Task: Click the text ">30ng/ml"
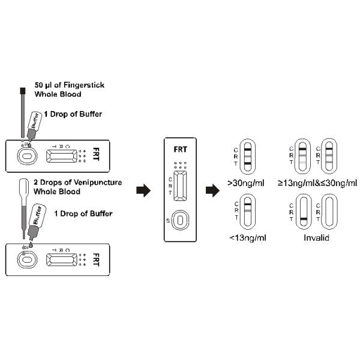pyautogui.click(x=247, y=182)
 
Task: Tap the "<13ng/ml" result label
pyautogui.click(x=247, y=238)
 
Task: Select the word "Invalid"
pyautogui.click(x=314, y=238)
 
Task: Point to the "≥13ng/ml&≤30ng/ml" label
pyautogui.click(x=317, y=182)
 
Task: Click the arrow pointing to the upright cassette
pyautogui.click(x=142, y=191)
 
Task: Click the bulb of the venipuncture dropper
pyautogui.click(x=24, y=188)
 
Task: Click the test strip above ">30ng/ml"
pyautogui.click(x=247, y=157)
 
